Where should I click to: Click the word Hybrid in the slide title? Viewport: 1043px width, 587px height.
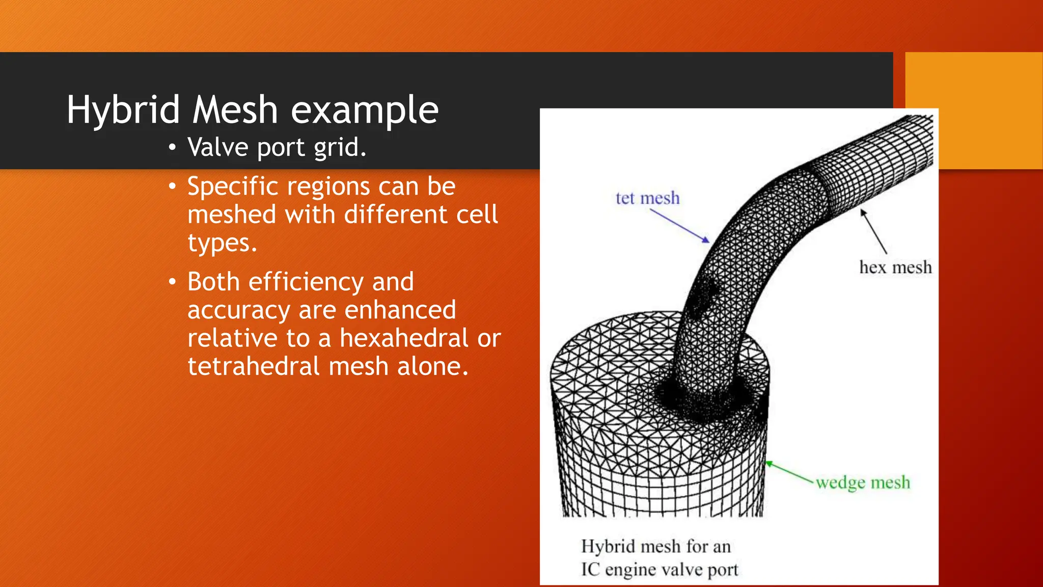click(123, 110)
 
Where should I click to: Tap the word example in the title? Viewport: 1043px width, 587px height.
click(365, 110)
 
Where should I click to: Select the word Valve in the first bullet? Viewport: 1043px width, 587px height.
click(217, 147)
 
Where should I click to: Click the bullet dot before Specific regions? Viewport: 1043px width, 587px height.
click(173, 186)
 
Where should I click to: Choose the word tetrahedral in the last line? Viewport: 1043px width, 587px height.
click(254, 366)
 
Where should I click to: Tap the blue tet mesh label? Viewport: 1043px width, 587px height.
click(647, 198)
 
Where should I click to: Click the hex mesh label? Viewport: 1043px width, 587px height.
click(895, 268)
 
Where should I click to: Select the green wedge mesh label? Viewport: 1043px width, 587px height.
click(863, 482)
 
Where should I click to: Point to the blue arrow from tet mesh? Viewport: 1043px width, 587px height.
click(679, 226)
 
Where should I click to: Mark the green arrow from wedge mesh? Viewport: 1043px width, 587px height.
click(789, 472)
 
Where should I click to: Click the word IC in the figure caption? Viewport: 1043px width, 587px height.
click(590, 569)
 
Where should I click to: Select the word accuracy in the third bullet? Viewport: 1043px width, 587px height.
click(239, 310)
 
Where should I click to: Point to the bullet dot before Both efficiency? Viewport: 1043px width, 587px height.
click(173, 282)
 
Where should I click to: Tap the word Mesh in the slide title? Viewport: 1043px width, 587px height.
click(235, 110)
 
